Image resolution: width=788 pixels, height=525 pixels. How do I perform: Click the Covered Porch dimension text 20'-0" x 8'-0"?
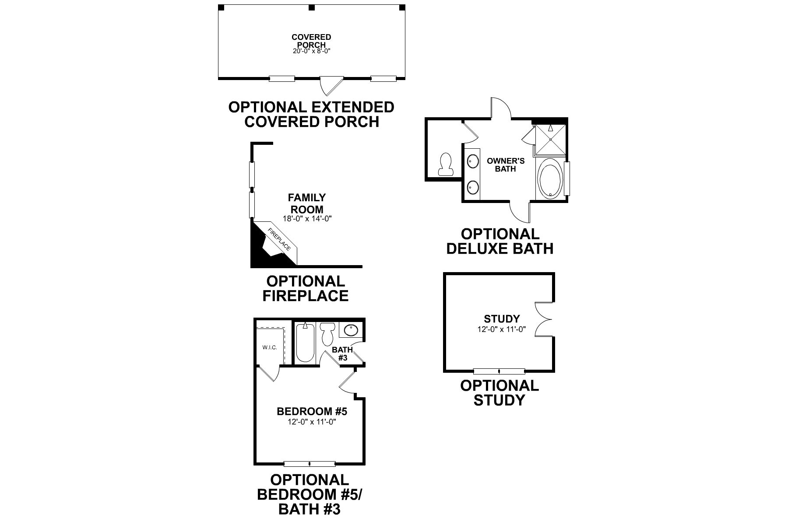click(311, 51)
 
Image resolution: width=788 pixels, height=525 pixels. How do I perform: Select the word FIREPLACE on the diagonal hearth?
click(279, 240)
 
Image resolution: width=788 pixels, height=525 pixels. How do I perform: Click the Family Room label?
click(307, 203)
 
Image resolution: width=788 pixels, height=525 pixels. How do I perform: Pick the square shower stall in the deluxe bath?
click(550, 139)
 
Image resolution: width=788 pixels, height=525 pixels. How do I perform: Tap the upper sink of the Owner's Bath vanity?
click(472, 161)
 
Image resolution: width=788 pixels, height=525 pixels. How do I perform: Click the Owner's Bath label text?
click(506, 165)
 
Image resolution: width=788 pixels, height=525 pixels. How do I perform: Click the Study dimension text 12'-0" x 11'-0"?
click(502, 329)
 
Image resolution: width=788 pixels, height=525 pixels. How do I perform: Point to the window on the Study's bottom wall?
click(499, 371)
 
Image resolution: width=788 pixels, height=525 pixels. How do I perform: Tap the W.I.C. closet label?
click(270, 347)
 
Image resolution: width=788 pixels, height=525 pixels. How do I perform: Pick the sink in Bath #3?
click(350, 330)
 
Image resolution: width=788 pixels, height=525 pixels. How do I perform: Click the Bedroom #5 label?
click(312, 412)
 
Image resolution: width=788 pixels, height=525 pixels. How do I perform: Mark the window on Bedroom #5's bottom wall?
click(310, 464)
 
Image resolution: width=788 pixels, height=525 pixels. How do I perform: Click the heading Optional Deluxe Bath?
click(500, 241)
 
